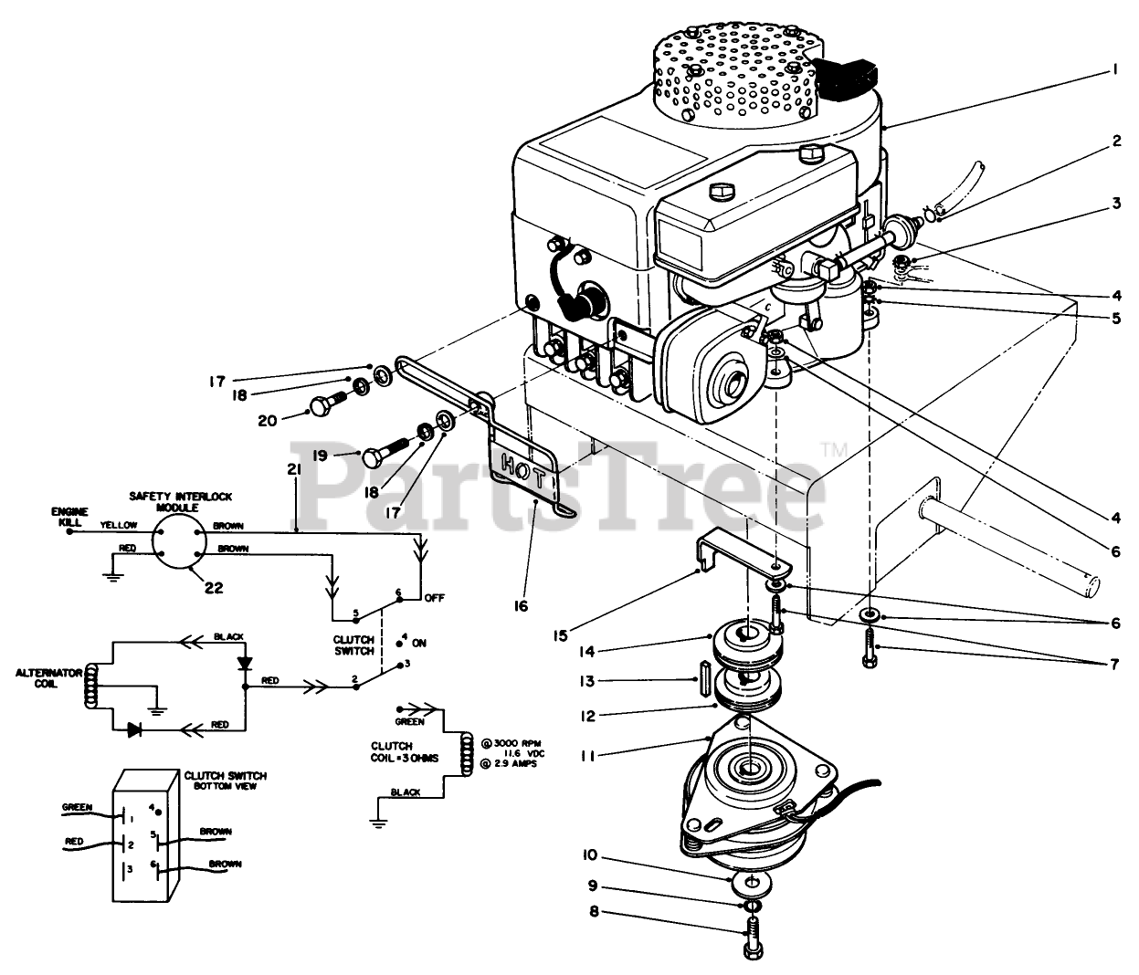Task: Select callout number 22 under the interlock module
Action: pos(213,588)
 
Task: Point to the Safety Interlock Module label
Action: pos(180,501)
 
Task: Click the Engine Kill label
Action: pos(69,518)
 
